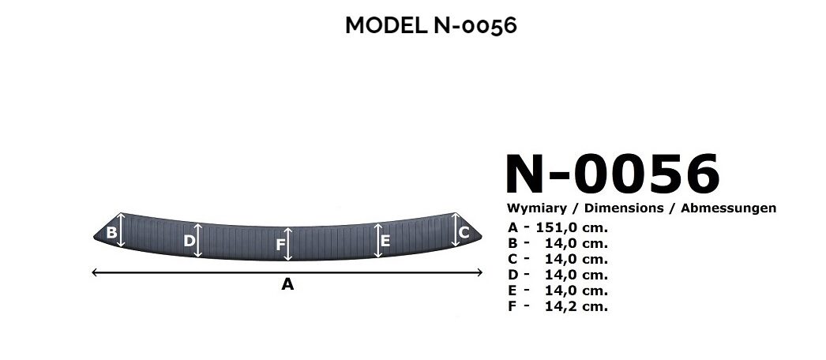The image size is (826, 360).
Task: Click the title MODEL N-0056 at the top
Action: pos(431,25)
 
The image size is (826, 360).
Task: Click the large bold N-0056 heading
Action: pos(612,174)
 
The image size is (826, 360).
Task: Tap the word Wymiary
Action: pos(536,208)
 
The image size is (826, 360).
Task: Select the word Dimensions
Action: pos(624,208)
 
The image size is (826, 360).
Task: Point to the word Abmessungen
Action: pos(729,208)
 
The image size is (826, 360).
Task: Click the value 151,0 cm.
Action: pos(572,228)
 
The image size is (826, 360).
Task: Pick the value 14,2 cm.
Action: pos(576,306)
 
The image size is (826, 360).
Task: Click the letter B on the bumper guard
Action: pos(111,232)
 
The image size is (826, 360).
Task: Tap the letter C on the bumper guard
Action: pos(464,232)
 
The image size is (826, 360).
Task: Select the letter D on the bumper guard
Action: pos(189,241)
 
